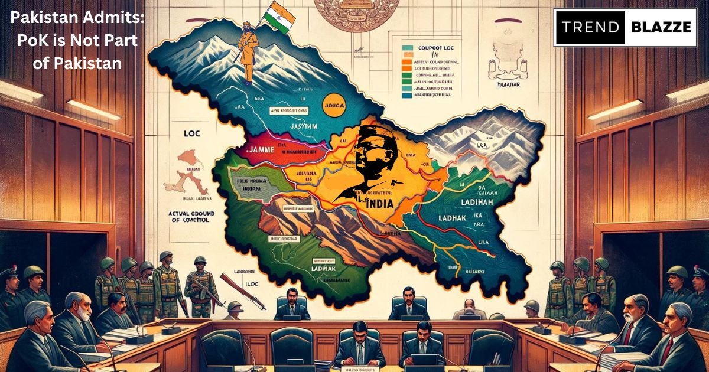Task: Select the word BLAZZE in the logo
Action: pyautogui.click(x=659, y=27)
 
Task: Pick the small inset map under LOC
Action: pyautogui.click(x=190, y=171)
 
